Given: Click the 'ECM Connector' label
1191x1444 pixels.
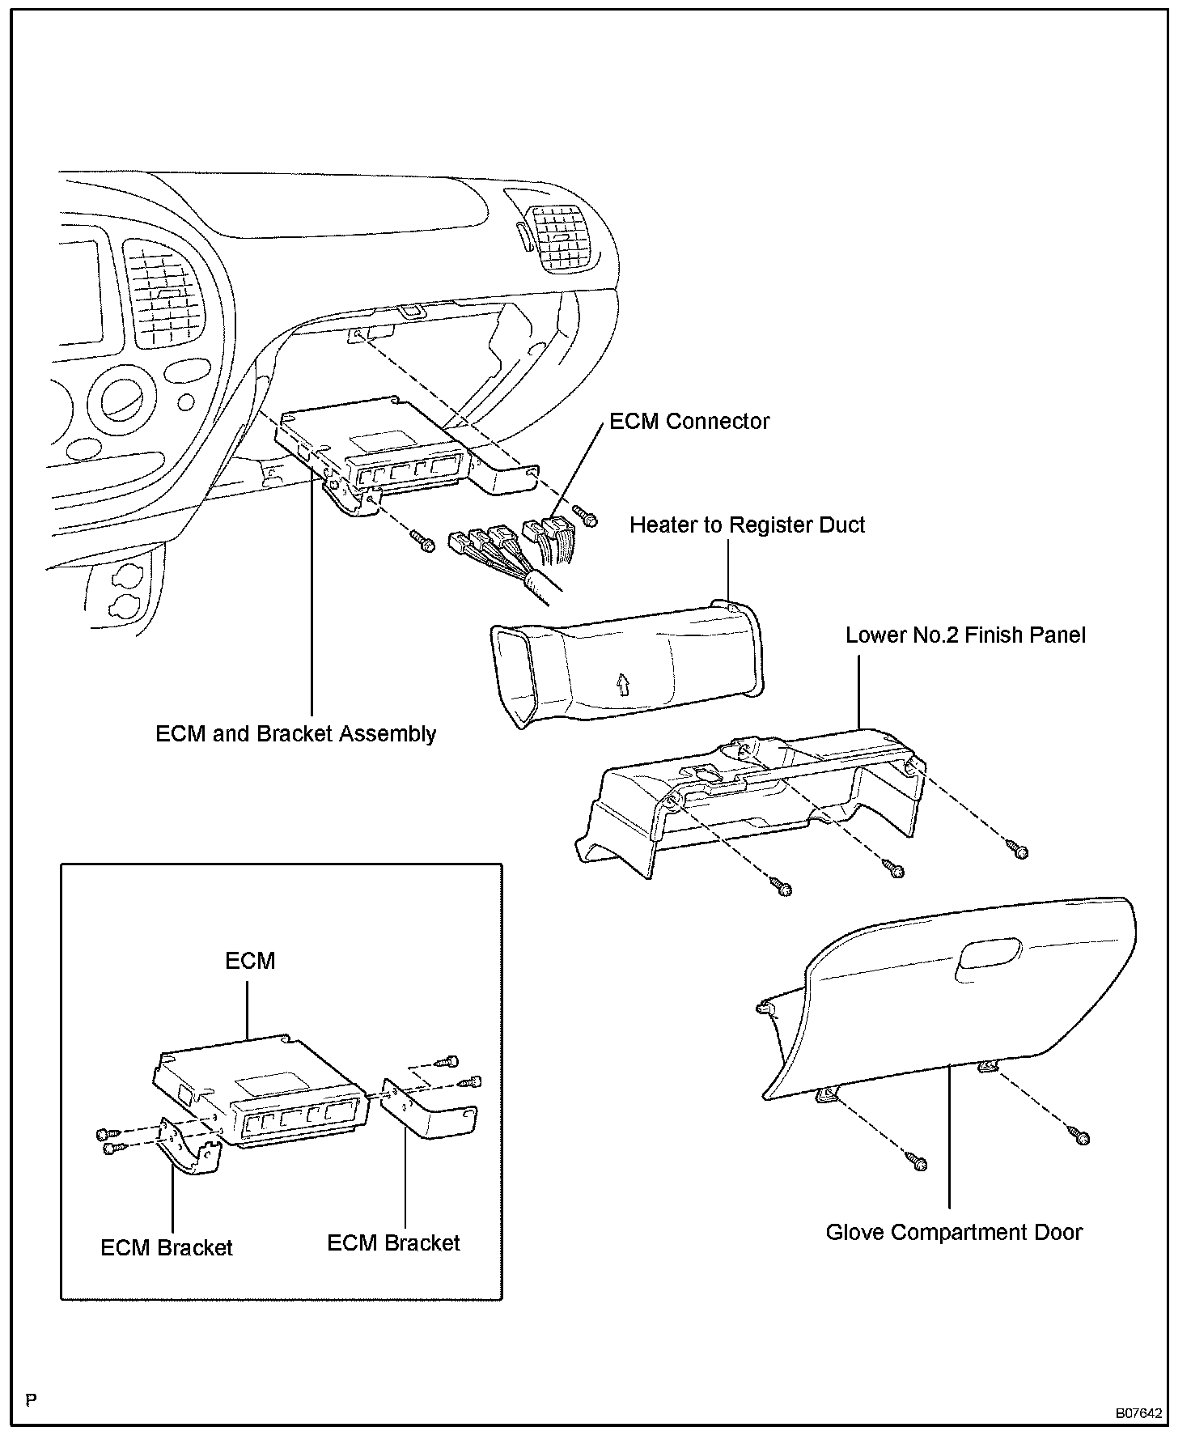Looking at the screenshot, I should click(x=689, y=422).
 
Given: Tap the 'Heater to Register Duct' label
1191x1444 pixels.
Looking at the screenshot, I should click(x=747, y=525).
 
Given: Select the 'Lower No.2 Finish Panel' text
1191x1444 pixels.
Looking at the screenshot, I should click(x=965, y=635).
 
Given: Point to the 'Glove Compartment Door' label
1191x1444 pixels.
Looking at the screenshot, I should click(x=954, y=1233).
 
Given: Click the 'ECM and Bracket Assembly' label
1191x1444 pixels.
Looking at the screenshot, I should click(x=296, y=734).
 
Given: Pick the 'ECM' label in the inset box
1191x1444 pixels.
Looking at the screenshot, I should click(x=250, y=961).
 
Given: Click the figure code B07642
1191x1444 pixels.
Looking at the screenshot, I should click(x=1138, y=1414).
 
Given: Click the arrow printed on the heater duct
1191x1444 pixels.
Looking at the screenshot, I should click(x=621, y=685).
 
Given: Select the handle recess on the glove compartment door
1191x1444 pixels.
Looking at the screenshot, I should click(x=990, y=953).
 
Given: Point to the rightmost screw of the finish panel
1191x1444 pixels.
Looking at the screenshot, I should click(x=1019, y=849).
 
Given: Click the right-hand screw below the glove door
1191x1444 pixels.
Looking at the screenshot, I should click(x=1082, y=1137).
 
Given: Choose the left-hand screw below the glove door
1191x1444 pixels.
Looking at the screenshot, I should click(x=919, y=1163).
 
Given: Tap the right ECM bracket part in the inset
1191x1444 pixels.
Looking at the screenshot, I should click(x=429, y=1109).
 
